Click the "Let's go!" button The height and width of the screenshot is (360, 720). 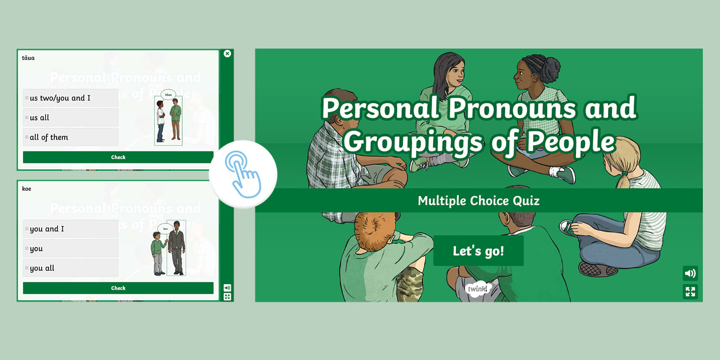tap(478, 251)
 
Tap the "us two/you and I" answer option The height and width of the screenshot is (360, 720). tap(70, 98)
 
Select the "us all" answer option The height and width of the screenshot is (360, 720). tap(70, 118)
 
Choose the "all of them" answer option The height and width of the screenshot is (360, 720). tap(70, 137)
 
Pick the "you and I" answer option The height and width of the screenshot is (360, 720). tap(70, 229)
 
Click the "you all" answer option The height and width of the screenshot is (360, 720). tap(70, 268)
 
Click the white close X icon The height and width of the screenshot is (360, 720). tap(227, 54)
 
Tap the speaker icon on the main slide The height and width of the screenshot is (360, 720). tap(690, 273)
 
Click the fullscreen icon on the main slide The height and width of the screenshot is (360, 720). tap(690, 292)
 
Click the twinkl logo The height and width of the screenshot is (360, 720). tap(478, 289)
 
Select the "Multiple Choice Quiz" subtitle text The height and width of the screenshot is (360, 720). tap(478, 201)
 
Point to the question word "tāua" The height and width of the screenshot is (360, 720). tap(28, 58)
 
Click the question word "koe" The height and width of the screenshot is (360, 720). tap(26, 189)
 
